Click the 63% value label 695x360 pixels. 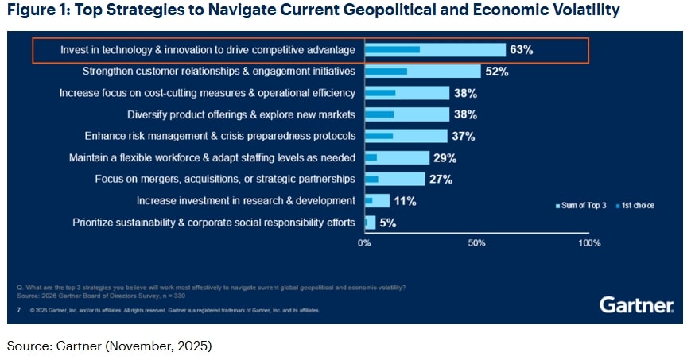(522, 49)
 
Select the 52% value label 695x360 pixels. (497, 72)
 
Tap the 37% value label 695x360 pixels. (463, 136)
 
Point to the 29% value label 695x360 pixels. (445, 157)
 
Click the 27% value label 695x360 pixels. (441, 179)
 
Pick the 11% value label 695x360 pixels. (405, 201)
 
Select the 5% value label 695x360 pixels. (388, 223)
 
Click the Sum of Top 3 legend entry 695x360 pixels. (581, 206)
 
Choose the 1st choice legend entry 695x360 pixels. (635, 206)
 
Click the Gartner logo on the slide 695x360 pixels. (636, 305)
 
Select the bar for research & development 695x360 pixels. (377, 201)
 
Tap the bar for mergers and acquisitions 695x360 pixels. (394, 179)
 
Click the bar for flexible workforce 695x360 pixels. (397, 157)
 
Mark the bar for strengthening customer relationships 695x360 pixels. (422, 72)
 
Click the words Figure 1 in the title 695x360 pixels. (37, 10)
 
